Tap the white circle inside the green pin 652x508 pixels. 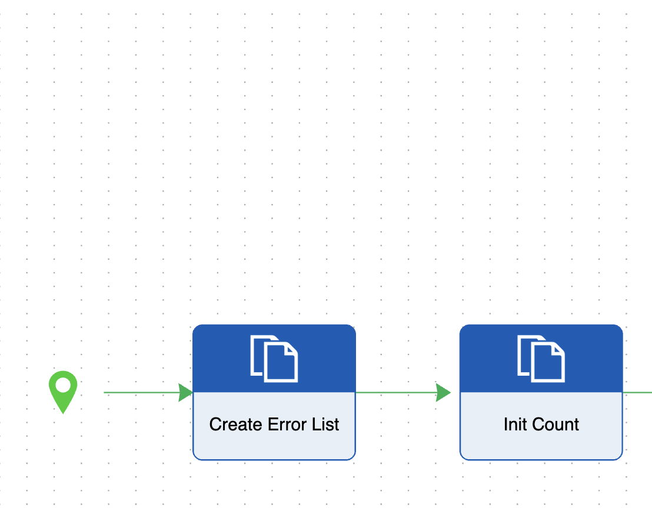(63, 385)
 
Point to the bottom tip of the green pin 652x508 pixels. (63, 414)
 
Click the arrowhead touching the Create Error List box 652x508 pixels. (185, 393)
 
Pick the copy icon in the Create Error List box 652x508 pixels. (274, 359)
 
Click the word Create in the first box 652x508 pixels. (236, 425)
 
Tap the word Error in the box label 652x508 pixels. (287, 425)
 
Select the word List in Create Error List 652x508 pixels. (325, 425)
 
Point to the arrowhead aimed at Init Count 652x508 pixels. (443, 393)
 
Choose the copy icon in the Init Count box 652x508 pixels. (541, 359)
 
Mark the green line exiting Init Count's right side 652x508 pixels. (637, 392)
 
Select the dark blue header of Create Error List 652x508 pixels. (274, 358)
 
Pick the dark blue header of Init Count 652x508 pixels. (541, 358)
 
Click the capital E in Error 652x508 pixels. (272, 425)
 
